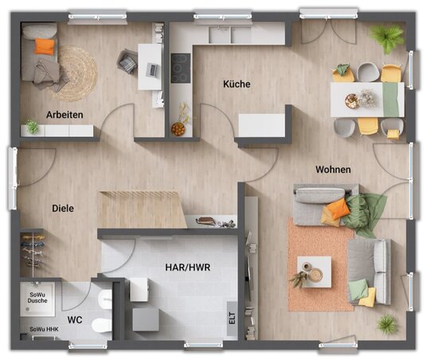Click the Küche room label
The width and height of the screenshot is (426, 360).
(236, 84)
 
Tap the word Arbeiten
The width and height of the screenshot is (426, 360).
(64, 115)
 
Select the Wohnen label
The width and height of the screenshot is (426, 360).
(333, 170)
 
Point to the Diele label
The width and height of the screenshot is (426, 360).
(63, 209)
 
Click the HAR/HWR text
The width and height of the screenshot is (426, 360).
(188, 268)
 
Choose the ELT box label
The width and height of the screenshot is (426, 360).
(232, 318)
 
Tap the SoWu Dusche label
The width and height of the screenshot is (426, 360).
(37, 298)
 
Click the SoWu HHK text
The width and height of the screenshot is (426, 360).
(44, 329)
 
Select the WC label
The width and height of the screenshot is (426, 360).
(75, 320)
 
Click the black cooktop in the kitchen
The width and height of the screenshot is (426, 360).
(181, 68)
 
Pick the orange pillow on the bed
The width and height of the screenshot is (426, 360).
(45, 46)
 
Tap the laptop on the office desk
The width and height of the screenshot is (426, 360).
(152, 69)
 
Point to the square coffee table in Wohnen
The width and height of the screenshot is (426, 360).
(315, 272)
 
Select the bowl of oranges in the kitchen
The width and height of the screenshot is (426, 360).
(178, 129)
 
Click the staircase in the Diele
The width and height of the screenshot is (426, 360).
(142, 209)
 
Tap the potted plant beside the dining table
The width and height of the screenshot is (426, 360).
(387, 37)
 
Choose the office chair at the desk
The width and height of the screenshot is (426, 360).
(127, 61)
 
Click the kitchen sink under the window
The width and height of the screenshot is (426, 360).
(230, 35)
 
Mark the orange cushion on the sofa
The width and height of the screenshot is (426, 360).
(338, 208)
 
